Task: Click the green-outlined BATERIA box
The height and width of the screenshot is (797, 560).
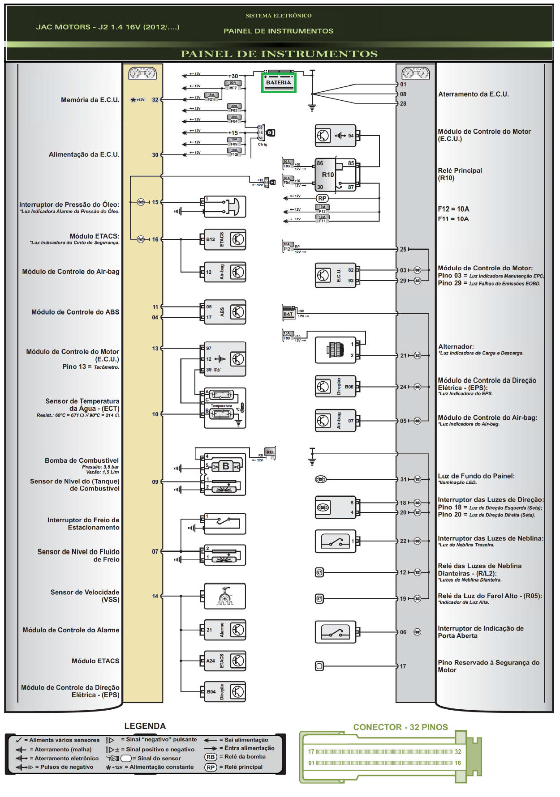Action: point(279,83)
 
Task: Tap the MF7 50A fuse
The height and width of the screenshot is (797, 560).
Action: point(233,85)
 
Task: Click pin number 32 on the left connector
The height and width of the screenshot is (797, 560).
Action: point(155,100)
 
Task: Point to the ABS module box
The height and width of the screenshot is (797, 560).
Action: point(224,312)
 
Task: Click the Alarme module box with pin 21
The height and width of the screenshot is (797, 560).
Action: point(224,630)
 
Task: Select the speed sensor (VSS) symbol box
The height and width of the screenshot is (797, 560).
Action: point(224,596)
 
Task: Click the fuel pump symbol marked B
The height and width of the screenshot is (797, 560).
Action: point(225,466)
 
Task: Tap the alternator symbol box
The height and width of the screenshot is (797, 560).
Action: point(336,350)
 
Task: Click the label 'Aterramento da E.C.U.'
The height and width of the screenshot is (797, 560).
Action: point(473,94)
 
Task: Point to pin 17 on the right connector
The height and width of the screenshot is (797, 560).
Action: point(403,666)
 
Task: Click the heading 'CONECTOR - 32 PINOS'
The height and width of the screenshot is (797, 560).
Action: point(400,727)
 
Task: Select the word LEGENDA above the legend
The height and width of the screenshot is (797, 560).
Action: point(145,726)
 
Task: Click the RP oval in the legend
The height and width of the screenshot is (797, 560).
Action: point(211,767)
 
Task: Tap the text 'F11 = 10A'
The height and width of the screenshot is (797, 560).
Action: point(453,219)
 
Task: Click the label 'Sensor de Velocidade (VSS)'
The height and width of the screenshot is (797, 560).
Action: point(85,596)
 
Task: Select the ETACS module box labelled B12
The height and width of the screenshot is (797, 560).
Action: point(224,239)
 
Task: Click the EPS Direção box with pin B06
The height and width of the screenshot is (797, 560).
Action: point(336,387)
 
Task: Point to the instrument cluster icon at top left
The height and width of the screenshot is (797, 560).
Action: point(142,73)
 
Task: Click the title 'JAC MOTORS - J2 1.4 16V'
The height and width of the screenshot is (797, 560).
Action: point(108,27)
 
